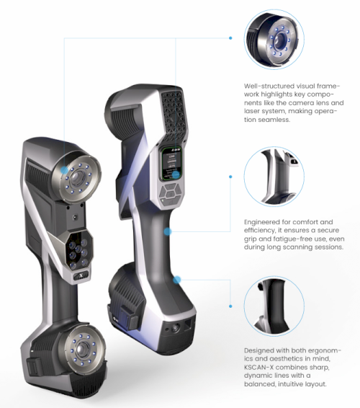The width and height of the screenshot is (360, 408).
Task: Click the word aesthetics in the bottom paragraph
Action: tap(284, 358)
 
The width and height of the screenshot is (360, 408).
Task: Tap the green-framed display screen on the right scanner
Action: tap(171, 164)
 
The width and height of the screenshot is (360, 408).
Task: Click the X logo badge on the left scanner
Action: tap(81, 276)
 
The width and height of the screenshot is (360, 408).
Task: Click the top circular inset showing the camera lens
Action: tap(274, 40)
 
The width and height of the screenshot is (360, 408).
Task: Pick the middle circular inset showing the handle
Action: tap(274, 177)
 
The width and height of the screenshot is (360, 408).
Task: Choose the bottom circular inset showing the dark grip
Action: tap(274, 306)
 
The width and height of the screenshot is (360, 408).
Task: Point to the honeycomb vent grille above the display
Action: tap(174, 117)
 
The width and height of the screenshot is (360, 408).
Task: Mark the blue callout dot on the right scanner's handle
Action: tap(168, 231)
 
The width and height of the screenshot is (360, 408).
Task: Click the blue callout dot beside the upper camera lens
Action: tap(63, 170)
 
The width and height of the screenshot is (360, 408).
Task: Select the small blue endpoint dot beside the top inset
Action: tap(230, 38)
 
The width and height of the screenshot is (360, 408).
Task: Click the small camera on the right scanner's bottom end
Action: tap(176, 327)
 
